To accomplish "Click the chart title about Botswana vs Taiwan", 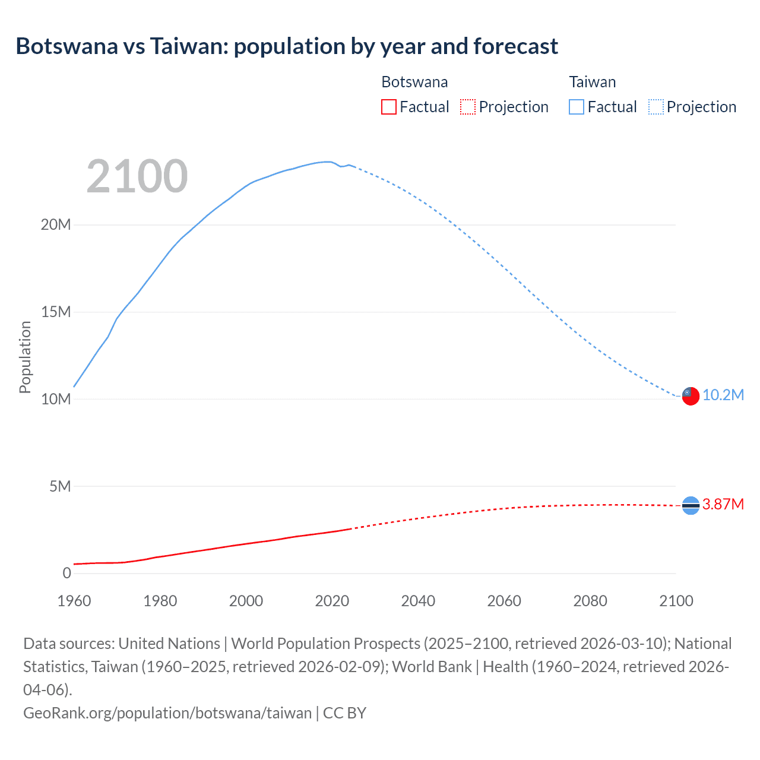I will [287, 46].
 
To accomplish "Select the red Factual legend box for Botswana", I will [389, 107].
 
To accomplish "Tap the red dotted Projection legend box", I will [468, 107].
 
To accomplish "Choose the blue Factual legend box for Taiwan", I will [577, 107].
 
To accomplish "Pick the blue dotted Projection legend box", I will [656, 107].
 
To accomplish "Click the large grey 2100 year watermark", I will [137, 176].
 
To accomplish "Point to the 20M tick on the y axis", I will [56, 225].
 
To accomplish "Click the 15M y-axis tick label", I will [56, 312].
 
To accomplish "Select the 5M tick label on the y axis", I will [60, 487].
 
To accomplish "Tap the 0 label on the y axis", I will [66, 574].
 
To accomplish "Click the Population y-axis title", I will [25, 357].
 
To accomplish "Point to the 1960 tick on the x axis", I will [74, 601].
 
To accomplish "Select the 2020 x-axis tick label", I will [332, 601].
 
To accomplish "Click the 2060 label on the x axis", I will [504, 601].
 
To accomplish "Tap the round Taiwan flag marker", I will [691, 396].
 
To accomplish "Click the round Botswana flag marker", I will [691, 505].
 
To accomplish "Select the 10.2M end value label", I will [723, 395].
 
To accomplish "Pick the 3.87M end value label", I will [723, 505].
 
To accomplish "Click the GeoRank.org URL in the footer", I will [167, 713].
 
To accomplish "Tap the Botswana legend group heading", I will [414, 82].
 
